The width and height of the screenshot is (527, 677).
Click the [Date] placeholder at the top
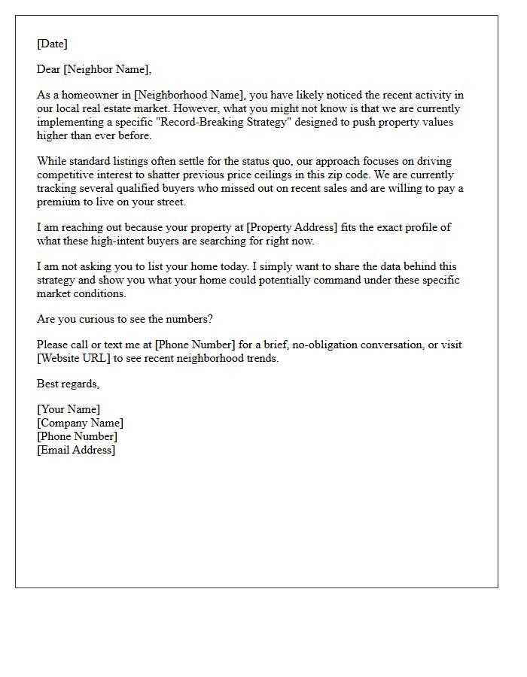pos(52,44)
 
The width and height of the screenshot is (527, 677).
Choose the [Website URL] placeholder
pos(74,358)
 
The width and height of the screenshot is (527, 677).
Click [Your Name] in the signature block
pos(69,410)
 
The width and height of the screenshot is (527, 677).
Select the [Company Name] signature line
pos(80,423)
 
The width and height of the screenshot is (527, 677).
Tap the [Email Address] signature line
pos(76,450)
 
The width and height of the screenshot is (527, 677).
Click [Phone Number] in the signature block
pos(77,436)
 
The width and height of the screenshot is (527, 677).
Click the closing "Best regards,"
pos(68,384)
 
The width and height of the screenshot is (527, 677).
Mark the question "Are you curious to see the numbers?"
pos(125,319)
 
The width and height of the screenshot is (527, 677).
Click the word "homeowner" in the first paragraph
pos(84,96)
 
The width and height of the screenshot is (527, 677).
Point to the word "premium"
pos(59,201)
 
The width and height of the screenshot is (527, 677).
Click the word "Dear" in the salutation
pos(49,70)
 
